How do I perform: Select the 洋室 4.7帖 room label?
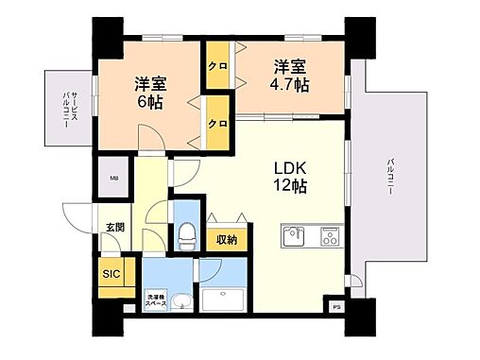click(289, 76)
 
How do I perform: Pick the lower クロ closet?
click(217, 124)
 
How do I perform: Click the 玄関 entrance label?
click(114, 227)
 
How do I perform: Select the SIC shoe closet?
click(111, 275)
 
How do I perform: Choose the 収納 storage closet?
click(226, 240)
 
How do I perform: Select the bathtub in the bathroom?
click(228, 301)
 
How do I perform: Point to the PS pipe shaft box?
click(335, 305)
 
